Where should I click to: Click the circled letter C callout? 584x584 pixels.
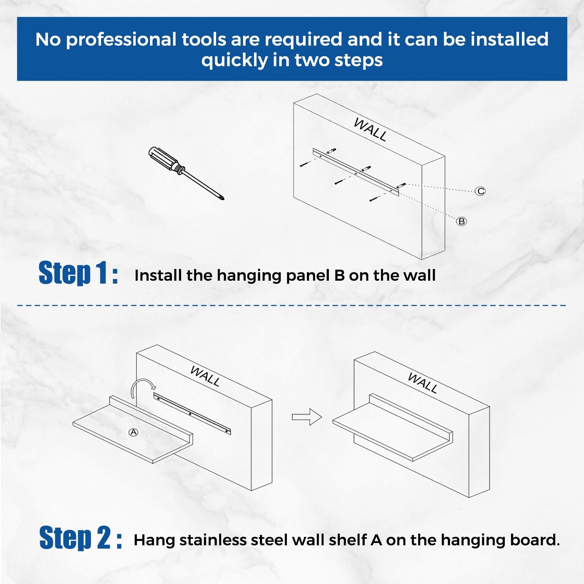coord(480,191)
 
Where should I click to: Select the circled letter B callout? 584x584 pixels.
coord(461,221)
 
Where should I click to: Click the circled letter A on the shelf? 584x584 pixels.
coord(134,432)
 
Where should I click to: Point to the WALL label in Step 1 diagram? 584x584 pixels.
coord(370,130)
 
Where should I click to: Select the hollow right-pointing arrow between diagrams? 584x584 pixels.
coord(307,417)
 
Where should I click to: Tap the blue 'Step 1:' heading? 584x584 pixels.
coord(78,273)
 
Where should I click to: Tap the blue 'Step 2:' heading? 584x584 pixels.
coord(80,538)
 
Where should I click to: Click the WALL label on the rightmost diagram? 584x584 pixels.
coord(422,383)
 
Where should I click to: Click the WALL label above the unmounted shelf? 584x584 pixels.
coord(205,376)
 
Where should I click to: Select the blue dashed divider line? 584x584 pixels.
coord(292,305)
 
